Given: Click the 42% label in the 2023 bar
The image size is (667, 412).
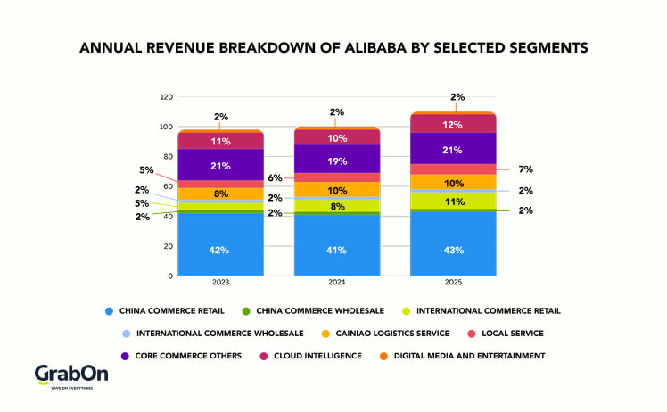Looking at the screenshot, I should point(220,251).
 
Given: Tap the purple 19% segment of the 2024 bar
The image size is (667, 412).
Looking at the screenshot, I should point(337,162).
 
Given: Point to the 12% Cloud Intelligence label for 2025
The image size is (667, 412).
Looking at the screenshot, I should point(453,125).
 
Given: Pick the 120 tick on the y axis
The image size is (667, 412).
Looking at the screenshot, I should point(165,96).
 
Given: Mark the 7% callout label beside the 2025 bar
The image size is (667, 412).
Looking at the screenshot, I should point(527,169).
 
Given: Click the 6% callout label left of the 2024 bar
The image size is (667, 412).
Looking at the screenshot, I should point(275,178).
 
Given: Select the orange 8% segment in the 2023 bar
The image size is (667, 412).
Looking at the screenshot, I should point(220,193).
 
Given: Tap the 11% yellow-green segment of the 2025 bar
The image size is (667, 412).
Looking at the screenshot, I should point(453,202).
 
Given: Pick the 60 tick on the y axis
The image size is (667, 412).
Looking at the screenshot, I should point(167,186).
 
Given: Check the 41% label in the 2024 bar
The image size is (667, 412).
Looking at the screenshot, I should point(337,251).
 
